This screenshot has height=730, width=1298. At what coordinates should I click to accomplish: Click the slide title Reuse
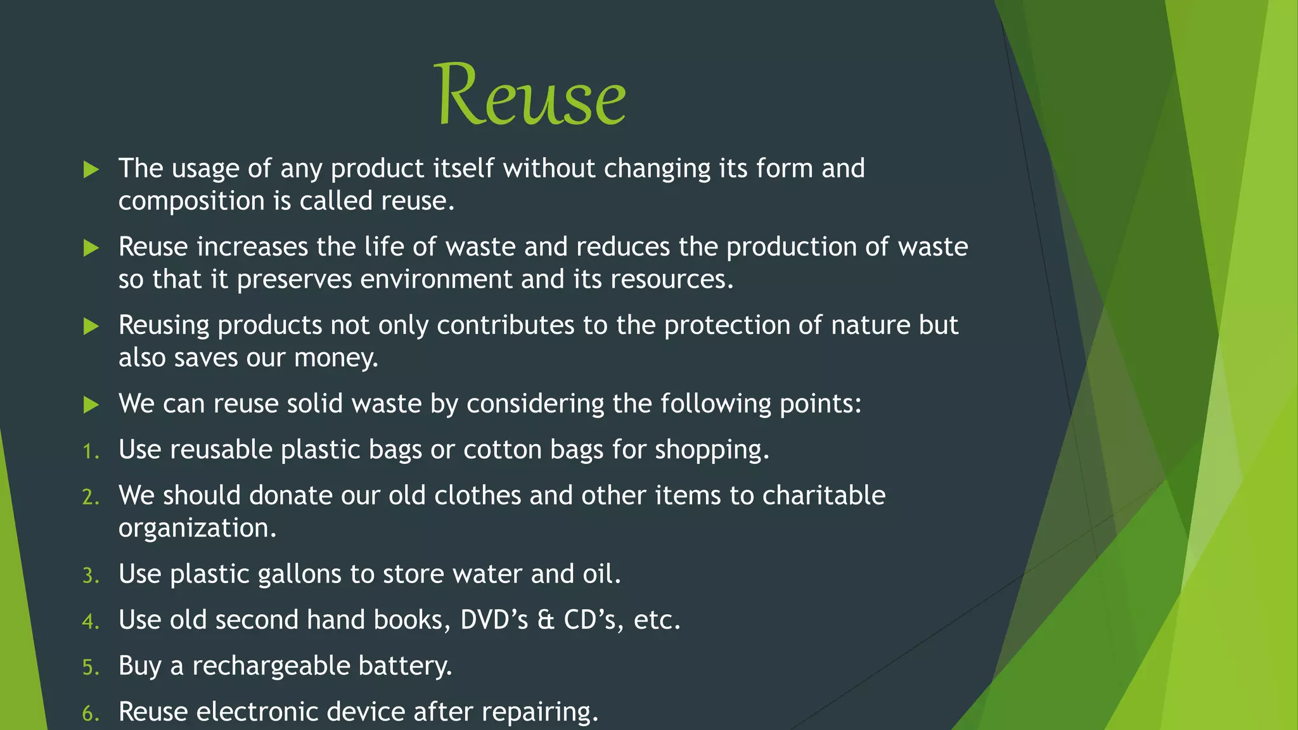530,95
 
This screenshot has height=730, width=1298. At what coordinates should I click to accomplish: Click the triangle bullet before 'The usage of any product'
91,169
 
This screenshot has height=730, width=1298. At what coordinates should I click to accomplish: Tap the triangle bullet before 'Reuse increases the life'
91,248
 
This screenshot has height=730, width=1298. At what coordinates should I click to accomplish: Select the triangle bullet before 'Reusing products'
91,326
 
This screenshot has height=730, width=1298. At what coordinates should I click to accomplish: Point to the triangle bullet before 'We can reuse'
91,404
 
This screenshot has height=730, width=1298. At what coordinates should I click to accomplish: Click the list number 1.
91,451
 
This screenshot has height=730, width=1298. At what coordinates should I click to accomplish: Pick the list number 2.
91,497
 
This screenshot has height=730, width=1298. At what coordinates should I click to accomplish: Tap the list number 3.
91,576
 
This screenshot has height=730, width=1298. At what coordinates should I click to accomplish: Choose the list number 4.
91,622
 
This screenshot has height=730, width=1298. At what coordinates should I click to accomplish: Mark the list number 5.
91,668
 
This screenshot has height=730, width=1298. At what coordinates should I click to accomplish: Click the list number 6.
91,714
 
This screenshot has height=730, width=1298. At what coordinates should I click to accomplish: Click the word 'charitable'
823,496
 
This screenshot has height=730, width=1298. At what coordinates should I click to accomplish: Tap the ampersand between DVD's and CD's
546,620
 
